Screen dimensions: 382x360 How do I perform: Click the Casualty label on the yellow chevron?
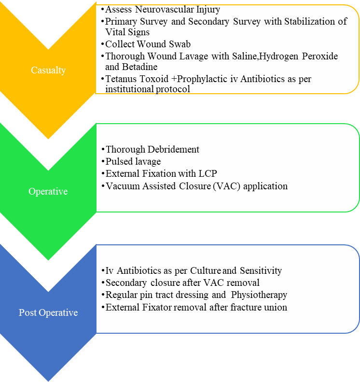[x=48, y=70]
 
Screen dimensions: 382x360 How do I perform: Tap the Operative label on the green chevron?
[x=48, y=191]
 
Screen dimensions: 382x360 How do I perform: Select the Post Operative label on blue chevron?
[x=48, y=312]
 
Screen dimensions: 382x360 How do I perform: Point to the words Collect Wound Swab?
[x=148, y=44]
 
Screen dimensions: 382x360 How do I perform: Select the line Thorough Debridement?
[x=152, y=149]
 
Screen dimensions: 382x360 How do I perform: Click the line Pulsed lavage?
[x=133, y=161]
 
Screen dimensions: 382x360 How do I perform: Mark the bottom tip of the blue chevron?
[x=48, y=380]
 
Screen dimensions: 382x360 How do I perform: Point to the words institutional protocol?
[x=147, y=90]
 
